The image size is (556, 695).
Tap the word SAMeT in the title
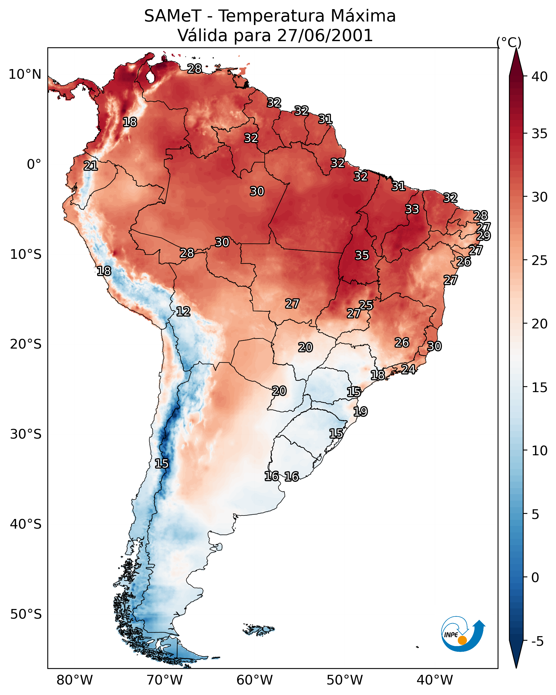tap(173, 16)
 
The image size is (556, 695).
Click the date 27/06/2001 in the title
tap(325, 35)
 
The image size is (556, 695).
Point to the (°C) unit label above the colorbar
tap(509, 42)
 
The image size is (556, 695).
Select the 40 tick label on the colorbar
tap(540, 77)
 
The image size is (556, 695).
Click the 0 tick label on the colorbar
tap(535, 577)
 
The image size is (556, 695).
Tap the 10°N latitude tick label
tap(25, 74)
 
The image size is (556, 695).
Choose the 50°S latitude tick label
tap(26, 614)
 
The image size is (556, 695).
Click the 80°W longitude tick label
tap(75, 680)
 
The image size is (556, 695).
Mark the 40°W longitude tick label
tap(435, 680)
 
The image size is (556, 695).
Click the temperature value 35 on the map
tap(362, 255)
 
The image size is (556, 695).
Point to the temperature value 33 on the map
tap(412, 209)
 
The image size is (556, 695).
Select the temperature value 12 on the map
tap(183, 311)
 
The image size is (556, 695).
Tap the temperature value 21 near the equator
tap(91, 166)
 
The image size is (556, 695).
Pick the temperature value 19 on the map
tap(360, 412)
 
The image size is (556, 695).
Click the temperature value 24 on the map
tap(408, 369)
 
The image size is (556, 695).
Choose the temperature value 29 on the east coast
tap(483, 236)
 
